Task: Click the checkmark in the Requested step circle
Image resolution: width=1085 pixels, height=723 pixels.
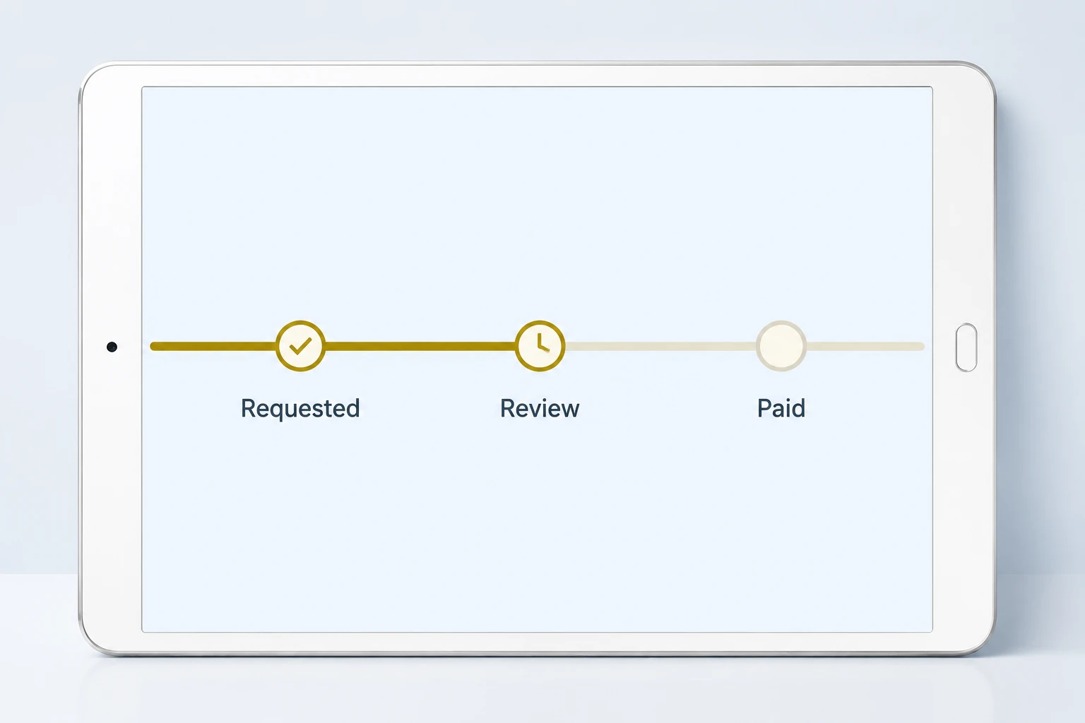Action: [300, 346]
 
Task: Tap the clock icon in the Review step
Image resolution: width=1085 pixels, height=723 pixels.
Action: [542, 343]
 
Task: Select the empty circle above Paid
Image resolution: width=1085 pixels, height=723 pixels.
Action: [781, 346]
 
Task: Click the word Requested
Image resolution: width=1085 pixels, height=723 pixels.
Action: [300, 408]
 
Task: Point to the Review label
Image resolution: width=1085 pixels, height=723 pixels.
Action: [540, 408]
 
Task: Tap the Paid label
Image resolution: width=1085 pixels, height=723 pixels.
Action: [781, 408]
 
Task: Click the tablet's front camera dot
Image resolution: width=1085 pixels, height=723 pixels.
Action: [112, 347]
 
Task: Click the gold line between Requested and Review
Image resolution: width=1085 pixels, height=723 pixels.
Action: [420, 346]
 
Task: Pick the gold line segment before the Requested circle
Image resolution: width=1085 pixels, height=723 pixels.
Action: [213, 346]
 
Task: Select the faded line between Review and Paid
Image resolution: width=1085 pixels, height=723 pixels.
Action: [660, 346]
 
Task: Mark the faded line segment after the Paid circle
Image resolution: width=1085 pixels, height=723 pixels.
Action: [865, 346]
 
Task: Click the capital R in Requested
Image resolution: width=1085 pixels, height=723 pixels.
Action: [249, 408]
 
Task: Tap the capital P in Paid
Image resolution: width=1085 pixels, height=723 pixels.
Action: [765, 408]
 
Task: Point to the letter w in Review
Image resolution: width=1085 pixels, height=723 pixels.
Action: [568, 411]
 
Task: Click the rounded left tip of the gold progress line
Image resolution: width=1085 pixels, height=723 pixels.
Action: [152, 346]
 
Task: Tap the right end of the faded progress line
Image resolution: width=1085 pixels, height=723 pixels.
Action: [923, 346]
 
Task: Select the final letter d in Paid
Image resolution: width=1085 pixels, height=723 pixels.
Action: [798, 408]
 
